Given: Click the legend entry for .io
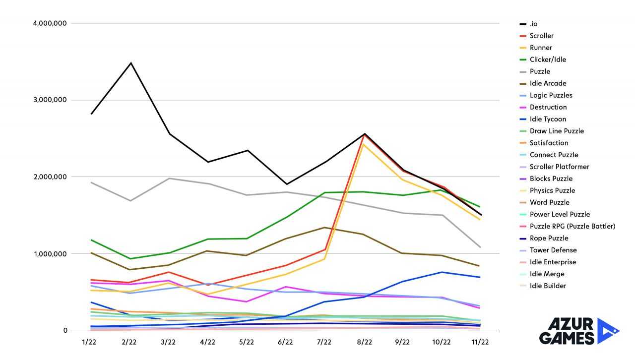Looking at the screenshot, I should (x=533, y=24).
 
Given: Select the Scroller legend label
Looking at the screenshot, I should (x=541, y=36).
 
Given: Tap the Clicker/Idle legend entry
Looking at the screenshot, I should (x=548, y=60).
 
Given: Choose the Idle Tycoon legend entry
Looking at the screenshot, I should (x=548, y=119).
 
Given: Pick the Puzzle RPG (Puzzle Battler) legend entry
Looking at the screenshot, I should (x=572, y=226).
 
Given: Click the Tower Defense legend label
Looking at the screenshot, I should (x=553, y=250).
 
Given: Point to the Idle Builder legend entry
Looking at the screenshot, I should (x=548, y=286).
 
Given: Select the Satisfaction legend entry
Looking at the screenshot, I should (x=549, y=143).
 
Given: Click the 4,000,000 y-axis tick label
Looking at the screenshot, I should (x=49, y=23).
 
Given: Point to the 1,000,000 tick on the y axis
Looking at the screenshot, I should (x=49, y=254).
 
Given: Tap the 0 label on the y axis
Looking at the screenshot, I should (x=64, y=331).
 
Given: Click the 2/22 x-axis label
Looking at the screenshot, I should (x=129, y=342).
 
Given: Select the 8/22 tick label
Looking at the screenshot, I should (x=364, y=342).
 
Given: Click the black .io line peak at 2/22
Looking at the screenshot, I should (x=130, y=63).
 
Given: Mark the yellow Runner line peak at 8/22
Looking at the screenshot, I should (x=364, y=144).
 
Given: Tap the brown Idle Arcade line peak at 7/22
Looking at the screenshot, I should (x=324, y=228).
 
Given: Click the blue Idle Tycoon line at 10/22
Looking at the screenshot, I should (x=442, y=272).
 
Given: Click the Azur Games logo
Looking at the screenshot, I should (x=578, y=331).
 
